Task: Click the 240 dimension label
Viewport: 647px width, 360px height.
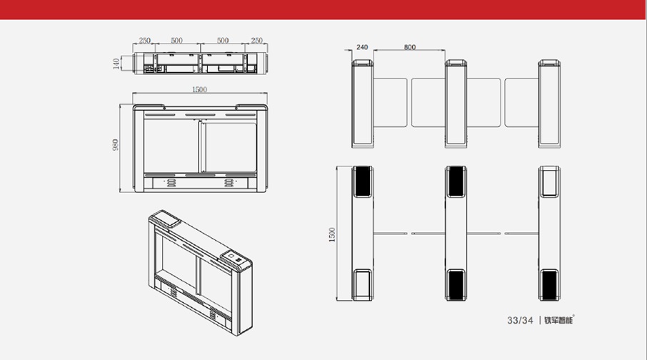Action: [362, 47]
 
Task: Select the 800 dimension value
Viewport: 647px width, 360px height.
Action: [410, 47]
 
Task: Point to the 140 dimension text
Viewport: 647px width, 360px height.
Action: [116, 64]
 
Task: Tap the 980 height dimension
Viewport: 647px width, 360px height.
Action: [115, 144]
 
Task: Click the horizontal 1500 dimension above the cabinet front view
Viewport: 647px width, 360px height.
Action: [200, 89]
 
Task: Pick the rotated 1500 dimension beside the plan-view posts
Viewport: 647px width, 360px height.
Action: [332, 235]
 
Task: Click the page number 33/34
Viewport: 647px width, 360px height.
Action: [520, 321]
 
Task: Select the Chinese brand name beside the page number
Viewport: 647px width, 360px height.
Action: [559, 320]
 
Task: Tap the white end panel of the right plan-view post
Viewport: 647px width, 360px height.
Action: [549, 181]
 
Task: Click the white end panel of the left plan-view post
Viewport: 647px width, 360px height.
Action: [363, 284]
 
